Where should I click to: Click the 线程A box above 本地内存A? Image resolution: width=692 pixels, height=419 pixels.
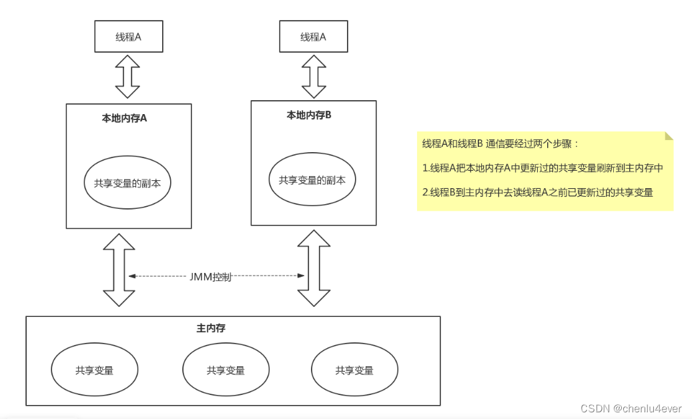coord(128,37)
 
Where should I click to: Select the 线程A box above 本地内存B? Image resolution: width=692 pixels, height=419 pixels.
coord(313,37)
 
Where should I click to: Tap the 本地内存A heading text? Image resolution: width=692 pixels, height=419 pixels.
coord(124,119)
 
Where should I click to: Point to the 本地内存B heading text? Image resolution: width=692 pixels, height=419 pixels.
coord(309,115)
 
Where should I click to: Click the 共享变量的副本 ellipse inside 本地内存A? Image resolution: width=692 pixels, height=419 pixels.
coord(127,183)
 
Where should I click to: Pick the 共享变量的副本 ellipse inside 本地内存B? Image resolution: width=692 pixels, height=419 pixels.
coord(312,179)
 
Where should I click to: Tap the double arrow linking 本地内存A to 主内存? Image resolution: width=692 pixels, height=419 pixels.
coord(118,270)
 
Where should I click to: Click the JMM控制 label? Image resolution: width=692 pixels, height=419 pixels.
coord(210,276)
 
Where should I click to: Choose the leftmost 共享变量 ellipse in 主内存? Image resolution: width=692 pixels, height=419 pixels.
coord(94,370)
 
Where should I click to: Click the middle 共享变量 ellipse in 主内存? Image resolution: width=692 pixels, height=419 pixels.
coord(226,370)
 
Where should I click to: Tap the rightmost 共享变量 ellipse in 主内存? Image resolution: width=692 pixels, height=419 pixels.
coord(354,370)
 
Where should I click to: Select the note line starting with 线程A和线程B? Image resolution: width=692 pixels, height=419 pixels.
coord(501,144)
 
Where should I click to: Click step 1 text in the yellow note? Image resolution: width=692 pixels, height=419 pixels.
coord(543,168)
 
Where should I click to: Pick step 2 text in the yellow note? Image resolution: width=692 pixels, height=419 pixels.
coord(537,192)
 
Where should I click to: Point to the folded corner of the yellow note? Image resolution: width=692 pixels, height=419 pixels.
coord(669,136)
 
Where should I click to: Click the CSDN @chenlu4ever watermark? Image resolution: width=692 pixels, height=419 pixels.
coord(631,408)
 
